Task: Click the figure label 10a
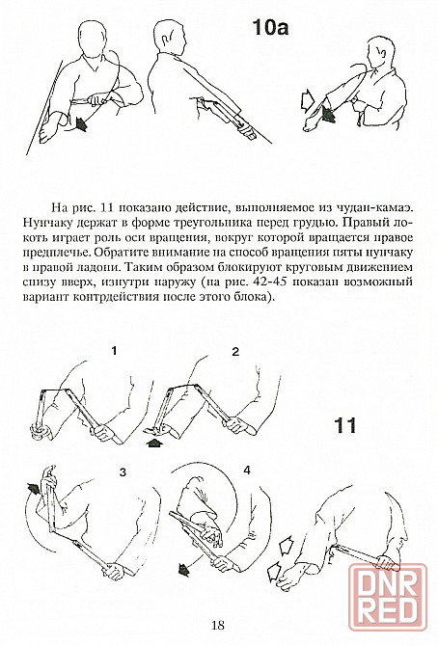tap(270, 28)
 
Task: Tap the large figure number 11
tap(344, 425)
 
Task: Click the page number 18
tap(218, 626)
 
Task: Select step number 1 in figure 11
tap(114, 351)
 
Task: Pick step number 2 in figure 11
tap(235, 352)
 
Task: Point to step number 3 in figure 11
tap(123, 472)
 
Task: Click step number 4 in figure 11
tap(247, 471)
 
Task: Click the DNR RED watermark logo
tap(387, 598)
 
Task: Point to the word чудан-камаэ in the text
tap(377, 206)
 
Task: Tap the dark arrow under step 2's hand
tap(154, 442)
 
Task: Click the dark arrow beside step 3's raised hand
tap(35, 488)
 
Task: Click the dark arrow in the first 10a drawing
tap(80, 123)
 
